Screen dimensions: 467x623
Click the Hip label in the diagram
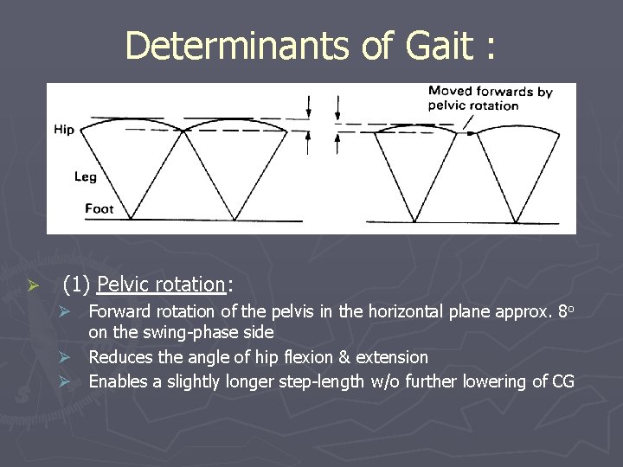point(64,130)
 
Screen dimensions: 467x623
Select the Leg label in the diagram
point(85,176)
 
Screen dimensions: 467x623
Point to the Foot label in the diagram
point(99,208)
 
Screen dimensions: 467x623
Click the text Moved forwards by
point(490,91)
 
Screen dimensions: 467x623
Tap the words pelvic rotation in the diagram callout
point(473,106)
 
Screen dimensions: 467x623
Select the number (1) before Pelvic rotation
point(78,284)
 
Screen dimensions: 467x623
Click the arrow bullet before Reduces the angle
point(76,357)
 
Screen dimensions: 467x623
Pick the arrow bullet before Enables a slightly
point(76,381)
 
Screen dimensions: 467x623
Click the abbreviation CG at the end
point(562,381)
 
